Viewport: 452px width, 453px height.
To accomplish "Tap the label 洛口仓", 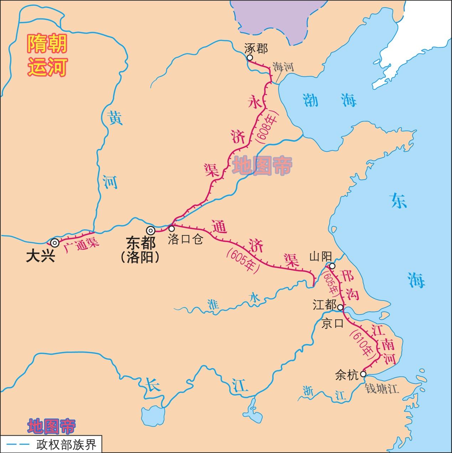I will point(185,239).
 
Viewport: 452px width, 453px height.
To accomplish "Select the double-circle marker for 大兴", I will point(54,243).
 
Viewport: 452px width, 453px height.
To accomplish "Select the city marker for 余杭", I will point(363,374).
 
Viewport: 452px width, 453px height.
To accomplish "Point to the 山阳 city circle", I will point(332,266).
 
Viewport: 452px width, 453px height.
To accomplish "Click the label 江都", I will point(324,305).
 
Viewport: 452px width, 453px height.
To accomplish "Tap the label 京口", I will point(332,323).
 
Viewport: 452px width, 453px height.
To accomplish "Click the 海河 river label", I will point(283,67).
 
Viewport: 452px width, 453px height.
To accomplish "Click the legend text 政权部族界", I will point(66,445).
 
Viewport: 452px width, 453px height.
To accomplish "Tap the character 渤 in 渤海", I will point(310,100).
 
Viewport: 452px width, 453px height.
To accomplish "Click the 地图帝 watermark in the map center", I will point(262,166).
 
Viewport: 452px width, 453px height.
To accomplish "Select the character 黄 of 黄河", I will point(116,118).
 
